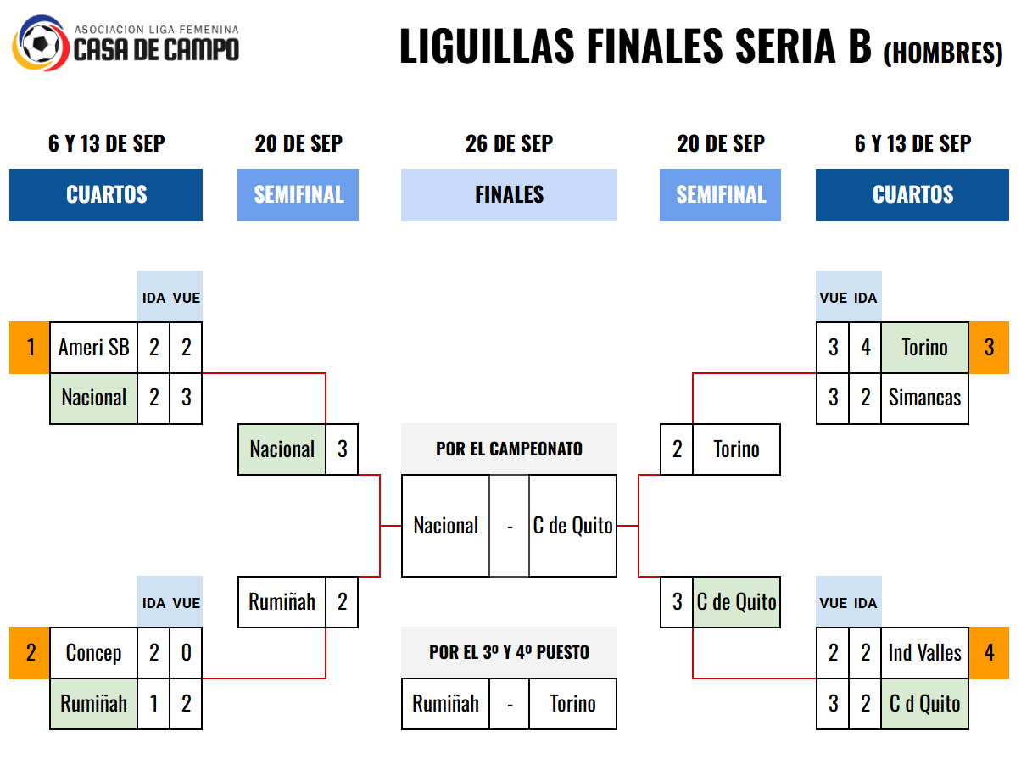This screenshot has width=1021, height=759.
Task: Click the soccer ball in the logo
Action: click(41, 44)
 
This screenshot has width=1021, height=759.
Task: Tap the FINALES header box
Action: click(509, 195)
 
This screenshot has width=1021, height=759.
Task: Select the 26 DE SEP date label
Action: click(509, 143)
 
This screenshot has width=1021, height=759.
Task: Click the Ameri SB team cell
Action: click(93, 347)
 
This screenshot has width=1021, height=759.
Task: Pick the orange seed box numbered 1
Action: click(30, 347)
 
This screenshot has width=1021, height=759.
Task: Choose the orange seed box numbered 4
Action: click(989, 653)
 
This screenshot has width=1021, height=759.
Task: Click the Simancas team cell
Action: click(924, 398)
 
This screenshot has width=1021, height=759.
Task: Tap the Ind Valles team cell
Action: click(924, 653)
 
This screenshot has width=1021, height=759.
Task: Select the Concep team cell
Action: click(93, 653)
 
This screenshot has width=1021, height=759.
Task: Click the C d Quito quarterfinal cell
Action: click(924, 704)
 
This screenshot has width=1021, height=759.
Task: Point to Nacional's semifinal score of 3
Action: click(342, 449)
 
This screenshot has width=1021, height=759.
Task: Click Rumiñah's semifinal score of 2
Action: click(342, 602)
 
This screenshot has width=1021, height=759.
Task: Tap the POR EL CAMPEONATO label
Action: click(509, 449)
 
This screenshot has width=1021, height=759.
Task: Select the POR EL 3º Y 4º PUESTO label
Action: click(509, 653)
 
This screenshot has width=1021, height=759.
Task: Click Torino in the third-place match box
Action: click(572, 704)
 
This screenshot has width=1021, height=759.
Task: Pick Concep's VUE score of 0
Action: click(186, 653)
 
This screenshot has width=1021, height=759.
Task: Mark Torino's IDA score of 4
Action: click(865, 347)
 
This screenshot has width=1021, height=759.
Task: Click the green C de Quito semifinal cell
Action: click(736, 602)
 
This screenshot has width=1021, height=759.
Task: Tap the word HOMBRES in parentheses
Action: click(943, 53)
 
